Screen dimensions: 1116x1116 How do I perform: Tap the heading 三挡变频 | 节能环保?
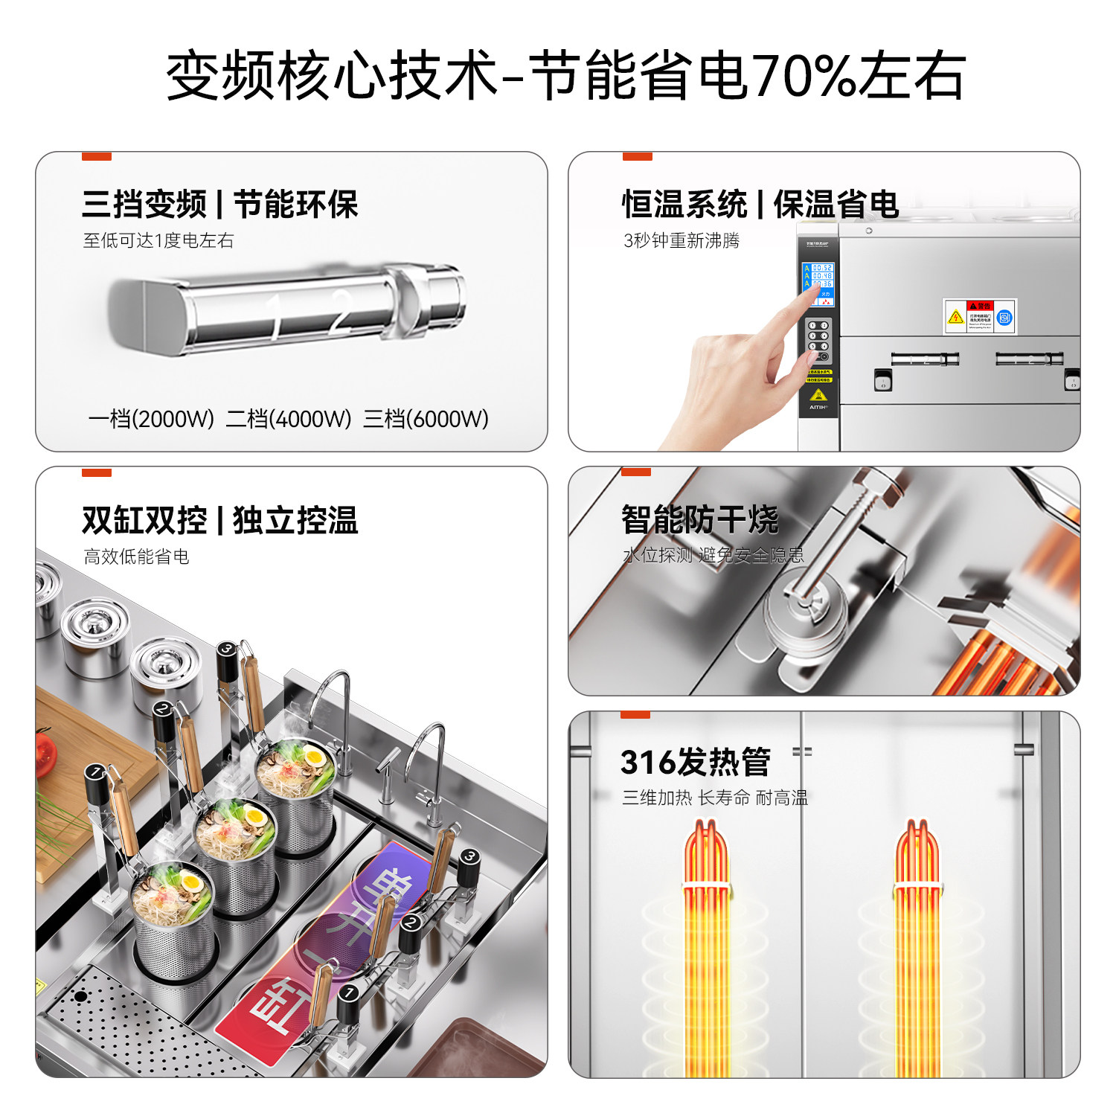point(219,205)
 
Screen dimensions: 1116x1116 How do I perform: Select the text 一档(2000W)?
point(151,419)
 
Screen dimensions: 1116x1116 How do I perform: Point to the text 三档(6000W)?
point(426,419)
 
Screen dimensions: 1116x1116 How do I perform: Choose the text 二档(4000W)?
point(289,419)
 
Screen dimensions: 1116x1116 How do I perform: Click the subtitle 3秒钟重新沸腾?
point(682,241)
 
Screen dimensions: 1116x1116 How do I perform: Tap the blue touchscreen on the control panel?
point(819,283)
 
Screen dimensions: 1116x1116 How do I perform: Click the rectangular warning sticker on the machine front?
point(980,317)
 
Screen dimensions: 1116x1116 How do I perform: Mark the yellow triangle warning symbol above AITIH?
point(818,395)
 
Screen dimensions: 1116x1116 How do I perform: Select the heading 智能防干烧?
point(700,519)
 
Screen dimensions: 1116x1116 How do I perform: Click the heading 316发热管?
point(696,762)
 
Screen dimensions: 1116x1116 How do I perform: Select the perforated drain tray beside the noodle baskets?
point(134,1027)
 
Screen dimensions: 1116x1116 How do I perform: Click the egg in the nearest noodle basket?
point(191,883)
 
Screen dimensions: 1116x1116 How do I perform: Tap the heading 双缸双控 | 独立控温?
point(219,520)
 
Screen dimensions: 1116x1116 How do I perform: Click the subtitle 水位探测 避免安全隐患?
point(713,555)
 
